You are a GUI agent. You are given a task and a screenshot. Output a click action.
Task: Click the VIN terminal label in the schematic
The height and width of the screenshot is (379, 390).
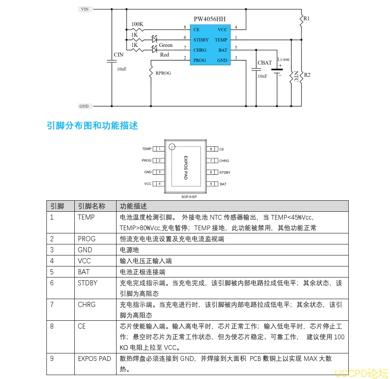click(x=84, y=9)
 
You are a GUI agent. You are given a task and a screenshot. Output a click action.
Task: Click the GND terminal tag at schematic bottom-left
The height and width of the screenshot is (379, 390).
click(x=84, y=106)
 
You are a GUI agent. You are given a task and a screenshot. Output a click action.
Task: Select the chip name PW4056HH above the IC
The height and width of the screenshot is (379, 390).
click(x=209, y=19)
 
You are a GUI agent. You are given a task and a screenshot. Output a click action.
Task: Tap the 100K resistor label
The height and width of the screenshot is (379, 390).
click(x=137, y=24)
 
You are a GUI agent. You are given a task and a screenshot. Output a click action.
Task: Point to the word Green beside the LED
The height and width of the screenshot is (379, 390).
click(x=166, y=45)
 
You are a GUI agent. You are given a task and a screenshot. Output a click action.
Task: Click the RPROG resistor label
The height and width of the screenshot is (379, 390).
click(x=163, y=73)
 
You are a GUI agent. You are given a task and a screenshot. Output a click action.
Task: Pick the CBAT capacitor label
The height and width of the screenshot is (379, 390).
click(x=264, y=63)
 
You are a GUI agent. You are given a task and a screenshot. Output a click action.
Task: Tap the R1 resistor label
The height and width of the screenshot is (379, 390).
click(x=307, y=18)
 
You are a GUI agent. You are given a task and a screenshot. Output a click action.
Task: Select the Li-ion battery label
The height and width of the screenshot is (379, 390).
click(x=283, y=59)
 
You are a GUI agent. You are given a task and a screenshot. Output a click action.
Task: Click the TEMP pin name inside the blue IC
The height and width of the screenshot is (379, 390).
click(x=221, y=40)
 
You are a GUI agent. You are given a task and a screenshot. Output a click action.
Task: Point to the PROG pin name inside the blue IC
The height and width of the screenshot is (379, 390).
click(x=200, y=60)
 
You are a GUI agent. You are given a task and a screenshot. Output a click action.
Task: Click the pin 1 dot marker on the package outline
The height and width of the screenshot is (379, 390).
click(x=172, y=147)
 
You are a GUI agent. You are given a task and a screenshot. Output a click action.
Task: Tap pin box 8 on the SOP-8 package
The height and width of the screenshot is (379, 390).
click(x=211, y=149)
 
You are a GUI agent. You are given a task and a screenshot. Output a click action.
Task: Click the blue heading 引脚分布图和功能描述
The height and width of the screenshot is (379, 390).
click(x=92, y=126)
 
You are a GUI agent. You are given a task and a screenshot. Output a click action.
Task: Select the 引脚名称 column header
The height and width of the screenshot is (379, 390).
click(x=91, y=206)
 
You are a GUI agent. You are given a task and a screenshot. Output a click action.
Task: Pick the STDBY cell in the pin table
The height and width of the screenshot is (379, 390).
click(x=87, y=283)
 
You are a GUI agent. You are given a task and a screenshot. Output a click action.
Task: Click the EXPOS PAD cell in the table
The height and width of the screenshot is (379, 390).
click(x=94, y=359)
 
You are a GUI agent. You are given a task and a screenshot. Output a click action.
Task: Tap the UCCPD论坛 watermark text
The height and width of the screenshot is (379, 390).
click(x=361, y=373)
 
